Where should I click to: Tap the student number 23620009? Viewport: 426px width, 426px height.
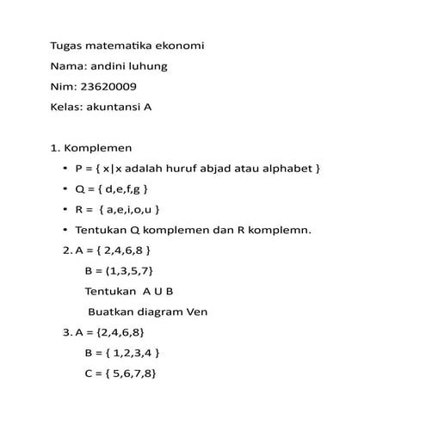pos(108,87)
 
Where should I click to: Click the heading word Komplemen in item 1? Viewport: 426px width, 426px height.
pos(101,148)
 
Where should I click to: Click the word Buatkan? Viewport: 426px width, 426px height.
pos(111,312)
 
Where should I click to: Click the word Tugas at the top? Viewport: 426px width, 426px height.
pos(68,46)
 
